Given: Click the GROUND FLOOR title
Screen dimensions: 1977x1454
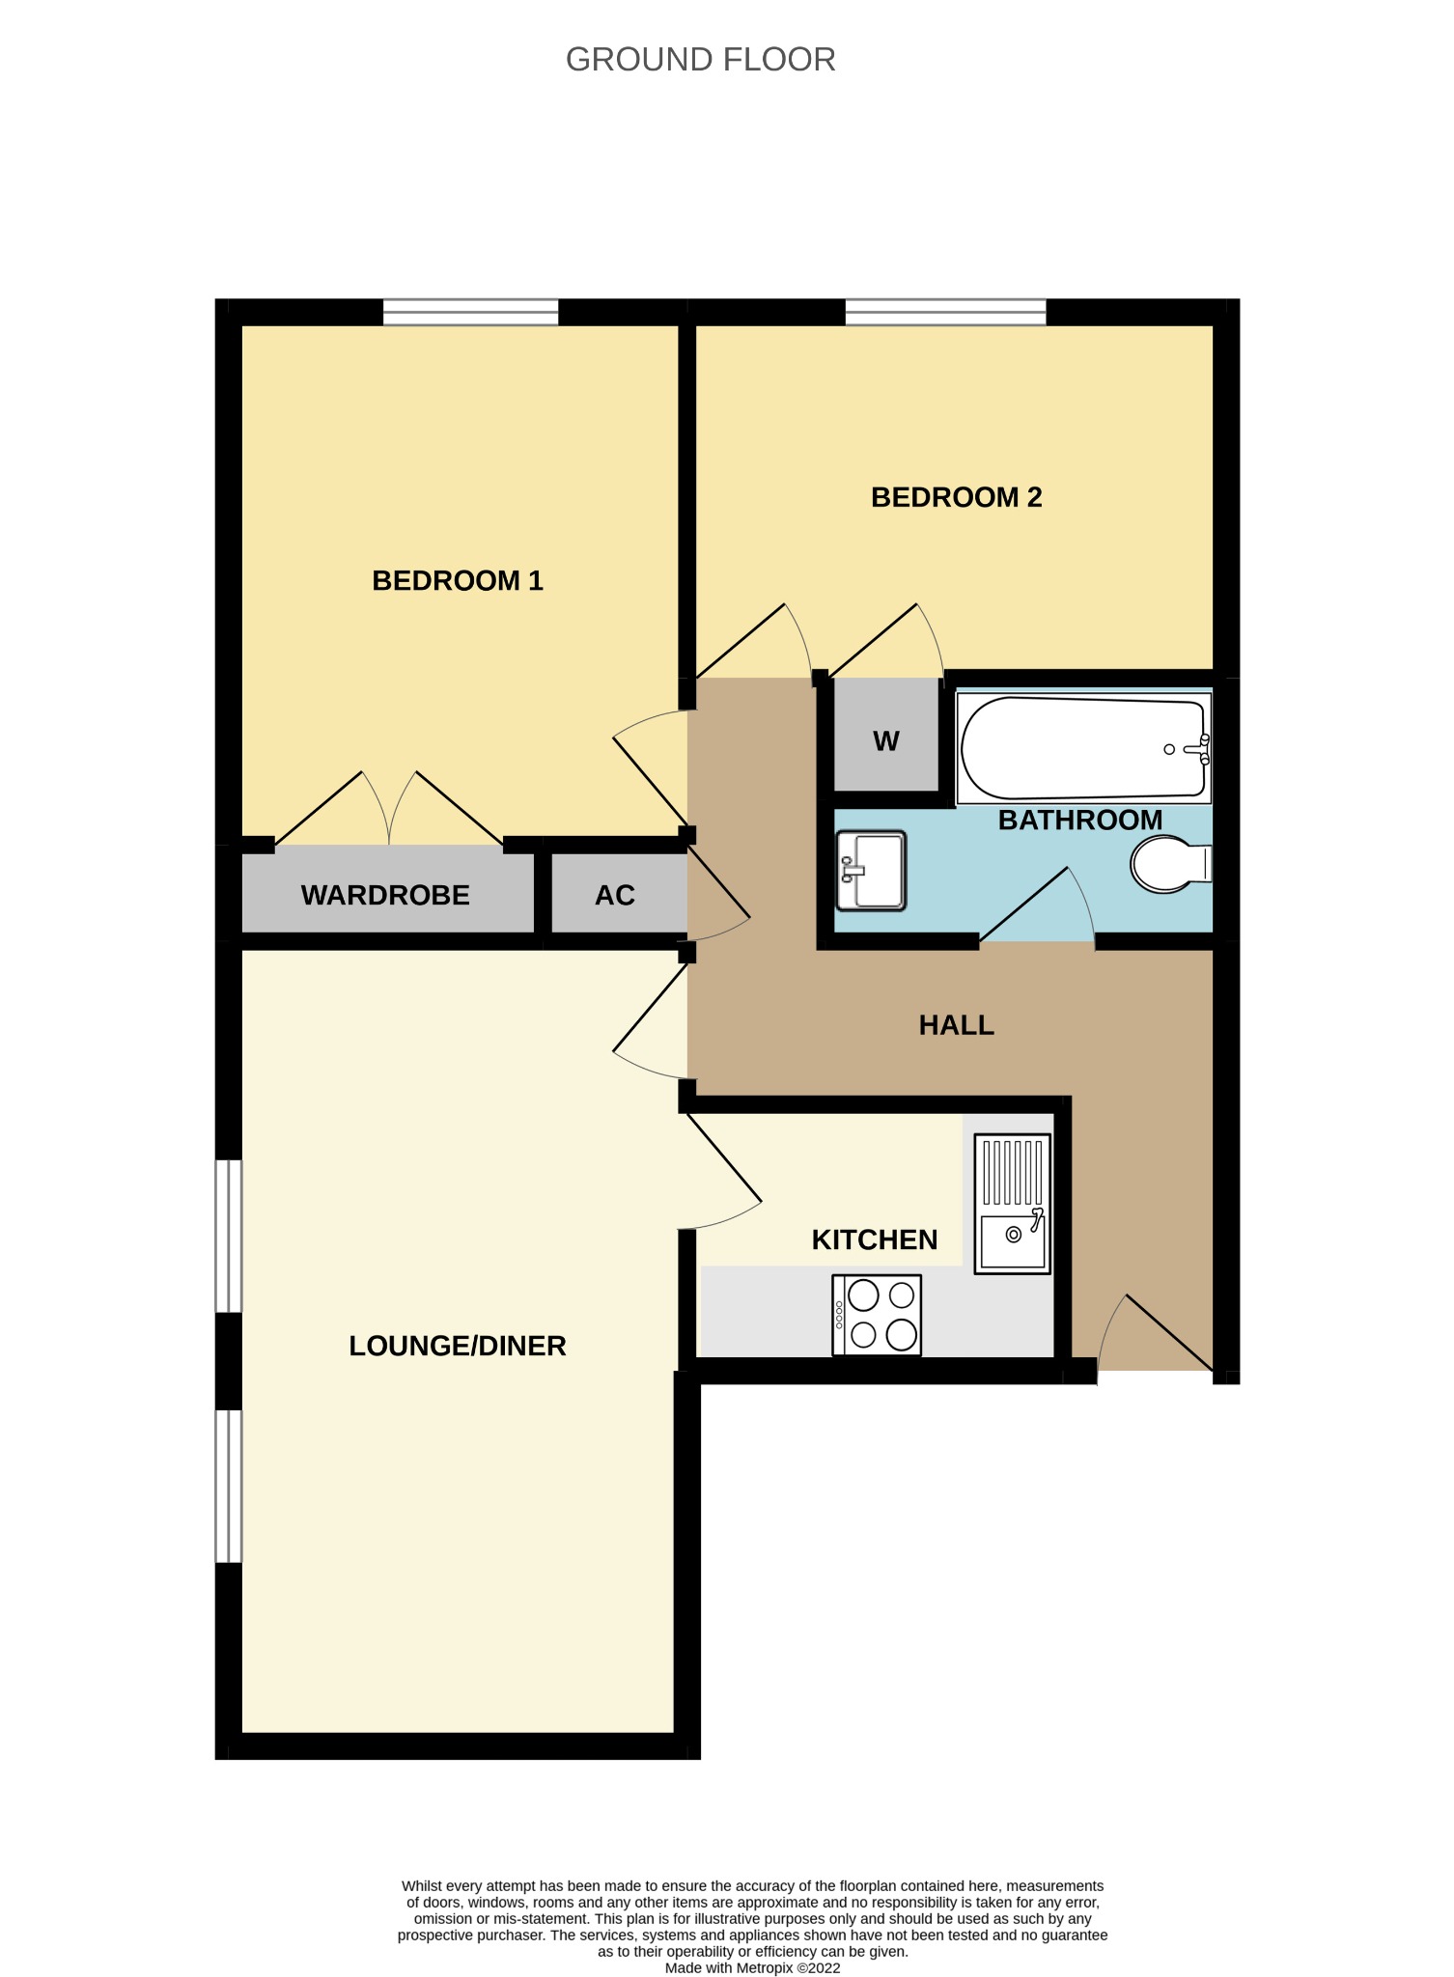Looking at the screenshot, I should (700, 60).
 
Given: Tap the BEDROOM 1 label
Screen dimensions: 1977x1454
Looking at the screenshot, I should (458, 580).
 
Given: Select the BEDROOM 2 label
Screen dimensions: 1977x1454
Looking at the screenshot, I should (956, 497).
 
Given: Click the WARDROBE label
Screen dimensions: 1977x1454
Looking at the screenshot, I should (385, 895).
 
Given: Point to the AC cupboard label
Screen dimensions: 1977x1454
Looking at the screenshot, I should (615, 895).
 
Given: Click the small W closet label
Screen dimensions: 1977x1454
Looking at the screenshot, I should (885, 740).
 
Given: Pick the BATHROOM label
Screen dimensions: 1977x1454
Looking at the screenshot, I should (1079, 820).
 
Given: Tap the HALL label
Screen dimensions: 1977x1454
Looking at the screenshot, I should (956, 1024).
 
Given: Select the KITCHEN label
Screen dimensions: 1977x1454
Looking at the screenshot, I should (874, 1239).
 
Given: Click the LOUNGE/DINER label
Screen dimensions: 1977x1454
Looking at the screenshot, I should (457, 1346).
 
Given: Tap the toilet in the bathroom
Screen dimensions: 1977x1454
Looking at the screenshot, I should (1169, 864).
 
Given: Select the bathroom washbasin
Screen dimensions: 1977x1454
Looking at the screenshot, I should (871, 871).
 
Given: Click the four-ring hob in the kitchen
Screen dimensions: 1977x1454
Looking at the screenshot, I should (877, 1315).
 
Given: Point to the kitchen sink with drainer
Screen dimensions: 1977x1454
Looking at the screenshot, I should (1012, 1204).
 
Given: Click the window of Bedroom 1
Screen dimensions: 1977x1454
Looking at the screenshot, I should (470, 312).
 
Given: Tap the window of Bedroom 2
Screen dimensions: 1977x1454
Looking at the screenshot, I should (945, 312).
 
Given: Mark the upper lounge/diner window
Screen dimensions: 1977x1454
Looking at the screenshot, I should (229, 1236).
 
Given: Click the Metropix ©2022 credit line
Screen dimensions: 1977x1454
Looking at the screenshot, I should (752, 1967).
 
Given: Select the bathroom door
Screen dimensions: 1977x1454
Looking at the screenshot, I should (1035, 907).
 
